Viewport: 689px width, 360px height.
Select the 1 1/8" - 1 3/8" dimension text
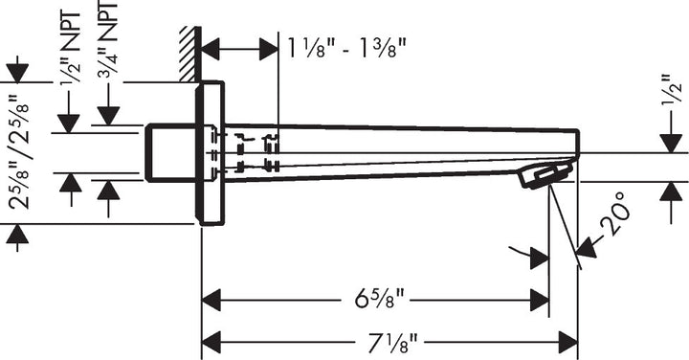click(345, 45)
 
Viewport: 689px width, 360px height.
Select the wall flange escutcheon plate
click(211, 153)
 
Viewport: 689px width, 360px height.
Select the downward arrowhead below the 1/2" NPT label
click(70, 123)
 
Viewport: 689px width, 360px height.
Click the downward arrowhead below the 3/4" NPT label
click(108, 115)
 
